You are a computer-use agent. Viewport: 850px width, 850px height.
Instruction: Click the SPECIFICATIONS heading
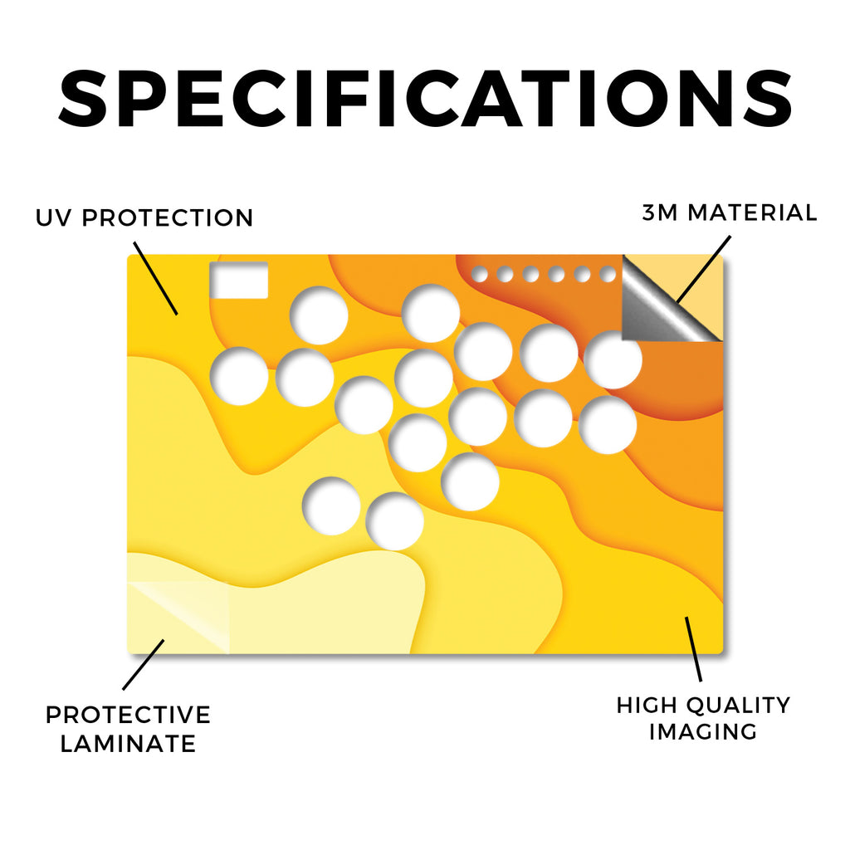[x=425, y=98]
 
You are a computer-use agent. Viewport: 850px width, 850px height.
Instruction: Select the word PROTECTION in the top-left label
[x=168, y=218]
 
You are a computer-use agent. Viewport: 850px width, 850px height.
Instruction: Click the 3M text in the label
[x=660, y=212]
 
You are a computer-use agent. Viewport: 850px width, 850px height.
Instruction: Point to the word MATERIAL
[x=752, y=212]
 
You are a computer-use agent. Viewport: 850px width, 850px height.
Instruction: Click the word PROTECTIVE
[x=128, y=715]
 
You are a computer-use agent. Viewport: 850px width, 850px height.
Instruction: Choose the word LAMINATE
[x=128, y=743]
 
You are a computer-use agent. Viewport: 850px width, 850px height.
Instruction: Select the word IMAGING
[x=703, y=732]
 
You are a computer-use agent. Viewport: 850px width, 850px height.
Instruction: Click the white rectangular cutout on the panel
[x=239, y=280]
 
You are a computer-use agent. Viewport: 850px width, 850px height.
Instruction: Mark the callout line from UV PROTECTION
[x=155, y=278]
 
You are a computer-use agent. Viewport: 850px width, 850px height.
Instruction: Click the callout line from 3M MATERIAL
[x=704, y=269]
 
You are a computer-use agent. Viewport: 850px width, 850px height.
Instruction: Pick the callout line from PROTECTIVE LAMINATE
[x=143, y=665]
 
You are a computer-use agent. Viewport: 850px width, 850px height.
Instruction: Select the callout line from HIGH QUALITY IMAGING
[x=693, y=649]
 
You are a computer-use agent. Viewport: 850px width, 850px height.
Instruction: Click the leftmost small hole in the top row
[x=479, y=274]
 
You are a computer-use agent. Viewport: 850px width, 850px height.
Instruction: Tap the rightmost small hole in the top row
[x=608, y=274]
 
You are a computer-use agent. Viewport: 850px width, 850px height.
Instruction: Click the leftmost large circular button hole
[x=239, y=376]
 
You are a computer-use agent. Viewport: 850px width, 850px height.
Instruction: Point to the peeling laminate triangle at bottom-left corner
[x=179, y=617]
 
